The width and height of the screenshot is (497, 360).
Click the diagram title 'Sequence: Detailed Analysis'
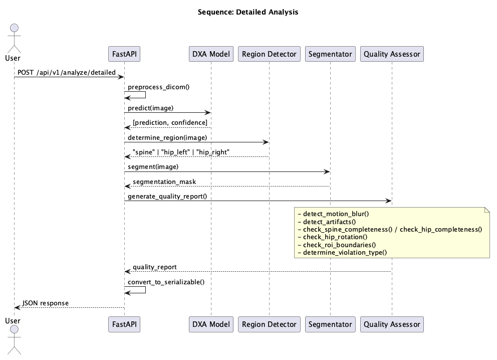point(248,12)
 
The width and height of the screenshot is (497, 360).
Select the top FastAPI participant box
point(124,54)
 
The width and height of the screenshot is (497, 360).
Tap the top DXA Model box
point(211,54)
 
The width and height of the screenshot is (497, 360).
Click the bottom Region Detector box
point(269,324)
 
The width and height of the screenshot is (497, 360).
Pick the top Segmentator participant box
point(330,54)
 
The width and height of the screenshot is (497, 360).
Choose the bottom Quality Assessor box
point(392,324)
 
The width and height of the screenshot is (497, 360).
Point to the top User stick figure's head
point(14,28)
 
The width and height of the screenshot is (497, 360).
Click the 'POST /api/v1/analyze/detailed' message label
point(67,72)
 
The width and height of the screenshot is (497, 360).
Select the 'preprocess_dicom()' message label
point(158,87)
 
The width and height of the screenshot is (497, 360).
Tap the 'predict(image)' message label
point(151,108)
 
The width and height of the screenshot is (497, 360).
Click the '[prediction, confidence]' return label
point(170,122)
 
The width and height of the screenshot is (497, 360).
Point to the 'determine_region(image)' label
point(167,137)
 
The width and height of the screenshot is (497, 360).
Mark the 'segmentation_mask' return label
point(164,182)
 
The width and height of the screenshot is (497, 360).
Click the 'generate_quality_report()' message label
point(167,196)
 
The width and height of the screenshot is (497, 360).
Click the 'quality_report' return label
point(155,267)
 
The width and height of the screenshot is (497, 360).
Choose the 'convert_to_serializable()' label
point(166,282)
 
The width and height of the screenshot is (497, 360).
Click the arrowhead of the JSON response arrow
point(17,307)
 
